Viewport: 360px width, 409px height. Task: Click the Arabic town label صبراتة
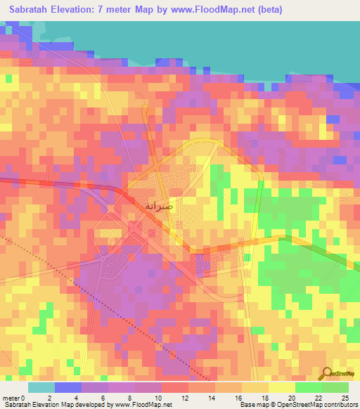point(157,206)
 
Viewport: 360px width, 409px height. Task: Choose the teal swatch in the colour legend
point(41,387)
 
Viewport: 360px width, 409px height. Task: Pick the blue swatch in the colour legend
point(68,387)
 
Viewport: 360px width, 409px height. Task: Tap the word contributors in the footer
point(339,405)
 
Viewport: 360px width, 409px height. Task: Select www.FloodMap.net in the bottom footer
point(143,405)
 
